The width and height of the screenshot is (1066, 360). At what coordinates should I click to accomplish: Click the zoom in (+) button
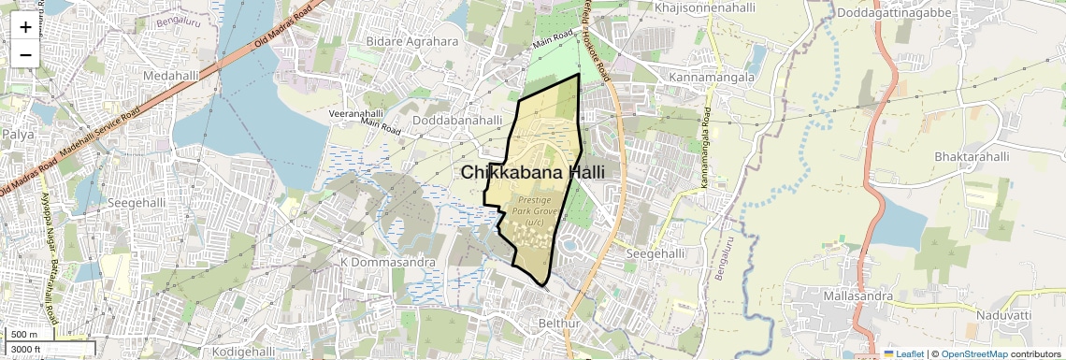[25, 27]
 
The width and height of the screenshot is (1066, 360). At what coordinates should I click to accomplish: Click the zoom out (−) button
[25, 54]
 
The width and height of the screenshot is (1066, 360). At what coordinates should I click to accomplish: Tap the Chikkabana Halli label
[532, 172]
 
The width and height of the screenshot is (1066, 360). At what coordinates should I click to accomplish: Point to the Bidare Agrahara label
[412, 41]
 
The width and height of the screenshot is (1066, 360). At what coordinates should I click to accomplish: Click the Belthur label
[560, 324]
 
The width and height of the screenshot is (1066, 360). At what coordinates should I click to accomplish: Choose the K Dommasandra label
[388, 262]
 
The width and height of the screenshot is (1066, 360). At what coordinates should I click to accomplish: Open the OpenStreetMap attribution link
[974, 353]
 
